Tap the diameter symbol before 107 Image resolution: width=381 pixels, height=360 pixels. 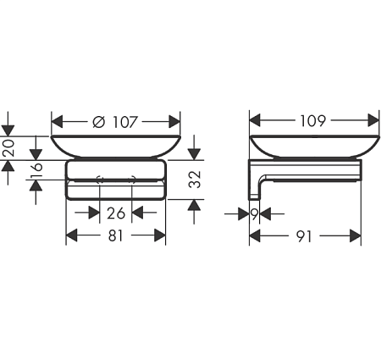[x=97, y=121]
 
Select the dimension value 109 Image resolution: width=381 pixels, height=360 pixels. [x=312, y=120]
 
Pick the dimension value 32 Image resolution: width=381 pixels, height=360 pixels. [x=195, y=179]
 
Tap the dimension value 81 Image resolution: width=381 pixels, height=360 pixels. [x=116, y=237]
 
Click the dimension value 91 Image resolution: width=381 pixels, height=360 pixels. [x=305, y=237]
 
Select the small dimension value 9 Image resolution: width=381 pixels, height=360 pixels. [x=254, y=215]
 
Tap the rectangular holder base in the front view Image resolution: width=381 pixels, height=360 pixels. [x=116, y=180]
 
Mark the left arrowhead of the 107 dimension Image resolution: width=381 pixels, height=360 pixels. [x=58, y=121]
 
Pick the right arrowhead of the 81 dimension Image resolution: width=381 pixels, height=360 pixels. [x=159, y=237]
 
